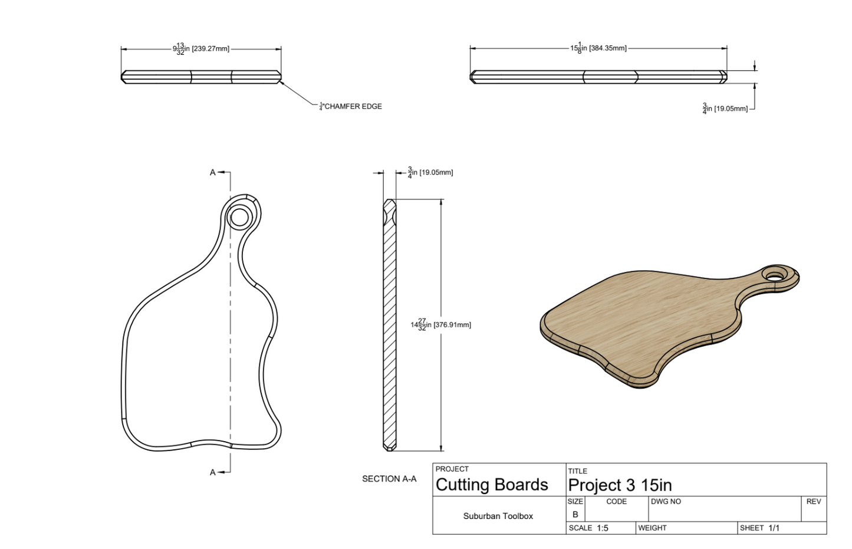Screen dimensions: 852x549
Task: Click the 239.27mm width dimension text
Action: pos(201,49)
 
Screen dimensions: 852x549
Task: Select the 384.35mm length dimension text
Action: pos(598,48)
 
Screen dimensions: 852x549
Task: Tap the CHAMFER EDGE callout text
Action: pos(351,107)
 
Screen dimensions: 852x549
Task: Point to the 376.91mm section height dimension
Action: pos(440,325)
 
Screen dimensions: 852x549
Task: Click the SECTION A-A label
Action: pos(389,479)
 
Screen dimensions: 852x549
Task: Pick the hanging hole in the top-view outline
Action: pos(239,218)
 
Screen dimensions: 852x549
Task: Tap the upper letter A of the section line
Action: pos(213,173)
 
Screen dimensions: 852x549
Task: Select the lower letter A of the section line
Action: pos(213,472)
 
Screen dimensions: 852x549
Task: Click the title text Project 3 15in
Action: pos(620,485)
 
